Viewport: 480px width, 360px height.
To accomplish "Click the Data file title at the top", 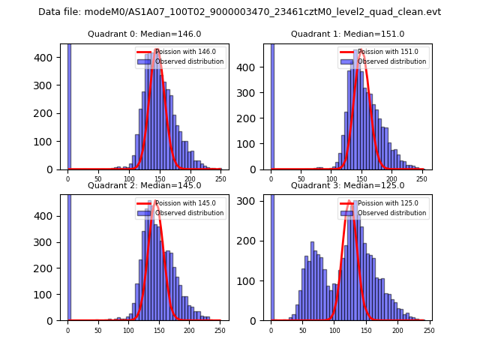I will (x=239, y=12).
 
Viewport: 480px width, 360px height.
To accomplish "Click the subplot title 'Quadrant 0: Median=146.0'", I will (x=144, y=34).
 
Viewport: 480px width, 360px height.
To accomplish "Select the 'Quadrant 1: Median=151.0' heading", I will (x=347, y=34).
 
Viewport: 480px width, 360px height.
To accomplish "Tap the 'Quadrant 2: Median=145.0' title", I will (x=144, y=185).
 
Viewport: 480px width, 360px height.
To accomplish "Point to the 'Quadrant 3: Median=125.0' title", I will (x=347, y=185).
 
